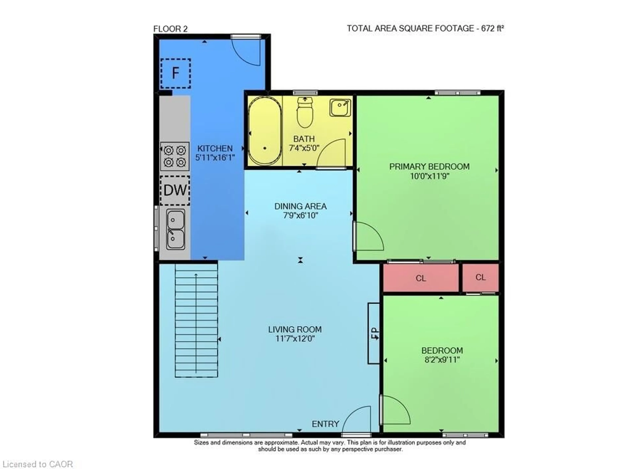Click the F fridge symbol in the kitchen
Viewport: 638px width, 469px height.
point(175,73)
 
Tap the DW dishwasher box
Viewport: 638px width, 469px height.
point(175,190)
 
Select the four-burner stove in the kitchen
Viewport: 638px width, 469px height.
point(175,156)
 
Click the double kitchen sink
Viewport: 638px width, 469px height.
point(175,229)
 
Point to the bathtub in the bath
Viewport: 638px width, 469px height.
point(265,131)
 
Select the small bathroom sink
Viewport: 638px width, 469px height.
point(340,108)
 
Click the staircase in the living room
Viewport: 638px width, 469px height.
point(196,320)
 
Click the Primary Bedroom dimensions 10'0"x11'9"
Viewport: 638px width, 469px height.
point(429,176)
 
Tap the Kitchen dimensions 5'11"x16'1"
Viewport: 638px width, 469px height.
point(215,158)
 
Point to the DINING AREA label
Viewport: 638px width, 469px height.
point(300,206)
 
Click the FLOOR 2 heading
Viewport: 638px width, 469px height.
point(170,29)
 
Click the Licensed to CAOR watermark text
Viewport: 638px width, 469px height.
point(37,464)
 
